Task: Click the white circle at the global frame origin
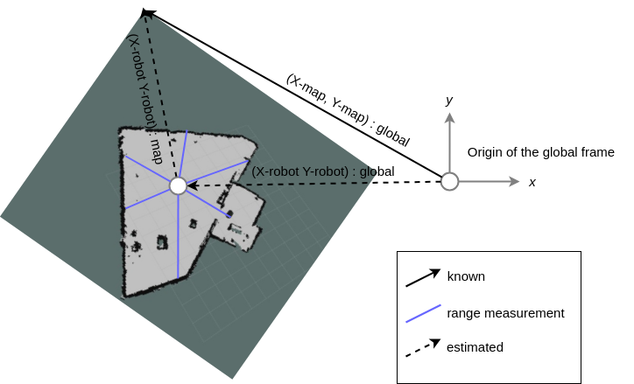(x=449, y=182)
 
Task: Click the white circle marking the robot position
(x=178, y=186)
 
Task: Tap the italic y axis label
(x=449, y=101)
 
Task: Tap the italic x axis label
(x=532, y=183)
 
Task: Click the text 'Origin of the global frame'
(x=540, y=152)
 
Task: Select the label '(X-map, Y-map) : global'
(x=348, y=108)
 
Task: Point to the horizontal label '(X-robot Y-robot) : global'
(x=322, y=172)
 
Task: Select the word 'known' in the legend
(x=466, y=276)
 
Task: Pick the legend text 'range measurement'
(x=505, y=312)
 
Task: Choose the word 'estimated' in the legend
(x=475, y=347)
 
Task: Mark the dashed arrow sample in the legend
(x=421, y=348)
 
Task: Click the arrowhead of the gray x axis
(x=514, y=182)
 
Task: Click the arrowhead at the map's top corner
(x=147, y=13)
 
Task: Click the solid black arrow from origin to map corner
(x=298, y=96)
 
